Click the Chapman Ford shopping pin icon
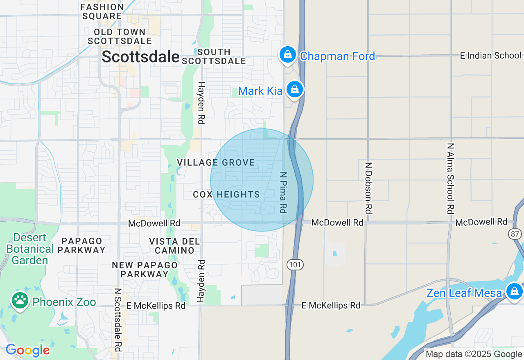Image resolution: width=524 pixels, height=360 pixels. pyautogui.click(x=288, y=54)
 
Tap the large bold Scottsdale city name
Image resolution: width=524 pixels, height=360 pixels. pyautogui.click(x=140, y=57)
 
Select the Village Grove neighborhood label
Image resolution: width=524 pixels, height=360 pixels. pyautogui.click(x=216, y=163)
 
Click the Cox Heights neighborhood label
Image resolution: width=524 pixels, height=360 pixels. pyautogui.click(x=226, y=195)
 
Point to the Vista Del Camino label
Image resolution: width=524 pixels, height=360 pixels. pyautogui.click(x=175, y=246)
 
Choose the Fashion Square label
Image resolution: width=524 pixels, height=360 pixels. pyautogui.click(x=102, y=11)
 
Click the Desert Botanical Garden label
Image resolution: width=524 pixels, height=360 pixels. pyautogui.click(x=30, y=249)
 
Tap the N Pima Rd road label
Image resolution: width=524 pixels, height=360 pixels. pyautogui.click(x=283, y=192)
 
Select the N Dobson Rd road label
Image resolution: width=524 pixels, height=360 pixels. pyautogui.click(x=368, y=188)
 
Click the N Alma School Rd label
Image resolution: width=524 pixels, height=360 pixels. pyautogui.click(x=451, y=178)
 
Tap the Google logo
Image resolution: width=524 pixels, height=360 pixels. pyautogui.click(x=27, y=350)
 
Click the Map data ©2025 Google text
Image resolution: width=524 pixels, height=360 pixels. pyautogui.click(x=474, y=354)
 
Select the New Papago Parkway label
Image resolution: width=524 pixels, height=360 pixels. pyautogui.click(x=145, y=270)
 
